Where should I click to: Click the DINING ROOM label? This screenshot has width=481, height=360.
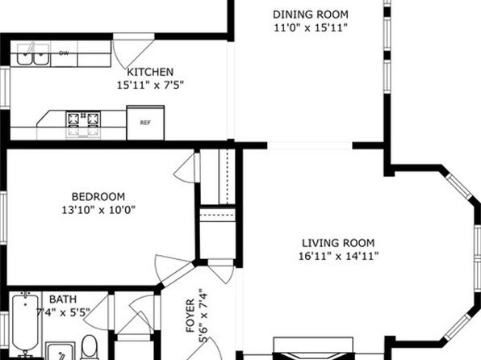pos(311,15)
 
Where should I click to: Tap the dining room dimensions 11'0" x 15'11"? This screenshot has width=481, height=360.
pos(311,27)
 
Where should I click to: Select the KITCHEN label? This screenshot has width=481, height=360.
pos(150,72)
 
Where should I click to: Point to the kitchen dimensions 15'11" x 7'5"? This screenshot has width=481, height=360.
pos(150,85)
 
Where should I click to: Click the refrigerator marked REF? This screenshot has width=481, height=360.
pos(145,123)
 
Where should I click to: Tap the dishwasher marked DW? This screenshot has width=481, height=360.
pos(64,53)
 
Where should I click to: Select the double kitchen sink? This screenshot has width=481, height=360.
pos(33,54)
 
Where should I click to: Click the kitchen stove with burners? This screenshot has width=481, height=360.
pos(83,123)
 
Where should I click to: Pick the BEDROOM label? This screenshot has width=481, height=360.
pos(98,196)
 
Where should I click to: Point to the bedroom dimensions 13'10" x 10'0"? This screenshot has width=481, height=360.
pos(98,210)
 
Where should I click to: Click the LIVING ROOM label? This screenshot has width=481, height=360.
pos(338,243)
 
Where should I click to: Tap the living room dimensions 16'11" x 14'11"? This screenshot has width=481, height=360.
pos(338,256)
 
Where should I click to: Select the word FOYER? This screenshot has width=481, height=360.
pos(190,316)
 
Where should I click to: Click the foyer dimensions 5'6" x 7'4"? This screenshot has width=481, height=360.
pos(203,315)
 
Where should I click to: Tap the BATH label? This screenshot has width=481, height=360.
pos(63,299)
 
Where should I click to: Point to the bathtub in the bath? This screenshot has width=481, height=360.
pos(26,324)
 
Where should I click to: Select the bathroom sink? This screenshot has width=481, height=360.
pos(61,351)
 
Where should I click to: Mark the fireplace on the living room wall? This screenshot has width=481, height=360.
pos(313,349)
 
